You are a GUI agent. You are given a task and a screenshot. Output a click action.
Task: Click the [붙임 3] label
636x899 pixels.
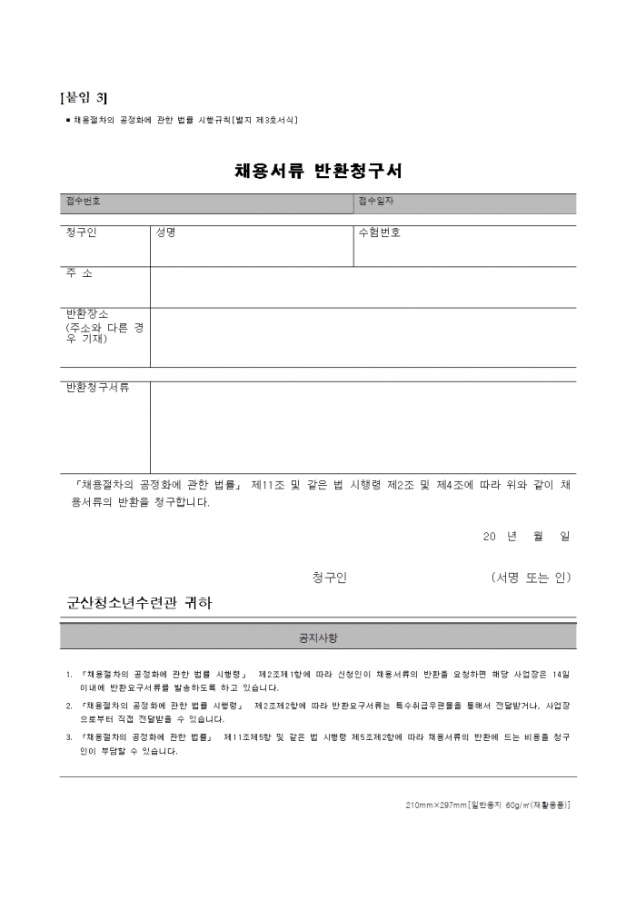pos(83,98)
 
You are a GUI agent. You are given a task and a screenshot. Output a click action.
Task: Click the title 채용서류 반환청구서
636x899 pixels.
pos(318,171)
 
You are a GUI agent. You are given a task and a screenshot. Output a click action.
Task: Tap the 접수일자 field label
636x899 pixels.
pos(376,202)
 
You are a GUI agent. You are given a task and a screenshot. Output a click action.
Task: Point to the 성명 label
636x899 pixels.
pos(165,233)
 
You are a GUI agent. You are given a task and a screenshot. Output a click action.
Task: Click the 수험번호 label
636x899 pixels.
pos(380,233)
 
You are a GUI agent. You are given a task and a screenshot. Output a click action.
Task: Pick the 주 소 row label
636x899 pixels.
pos(79,273)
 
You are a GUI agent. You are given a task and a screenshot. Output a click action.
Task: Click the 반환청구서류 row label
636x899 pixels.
pos(97,389)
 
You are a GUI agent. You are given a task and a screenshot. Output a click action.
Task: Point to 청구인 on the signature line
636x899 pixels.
pos(329,578)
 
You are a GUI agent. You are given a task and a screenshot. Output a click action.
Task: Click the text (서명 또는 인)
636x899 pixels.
pos(530,578)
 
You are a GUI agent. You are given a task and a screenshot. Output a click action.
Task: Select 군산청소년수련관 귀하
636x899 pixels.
pos(139,602)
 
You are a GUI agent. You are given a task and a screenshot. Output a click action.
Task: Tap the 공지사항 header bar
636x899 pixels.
pos(318,637)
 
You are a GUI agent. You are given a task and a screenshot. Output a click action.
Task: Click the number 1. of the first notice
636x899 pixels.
pos(70,675)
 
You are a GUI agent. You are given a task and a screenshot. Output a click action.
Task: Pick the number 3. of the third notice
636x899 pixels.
pos(70,737)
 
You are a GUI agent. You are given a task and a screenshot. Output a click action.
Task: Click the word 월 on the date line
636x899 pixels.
pos(539,537)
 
